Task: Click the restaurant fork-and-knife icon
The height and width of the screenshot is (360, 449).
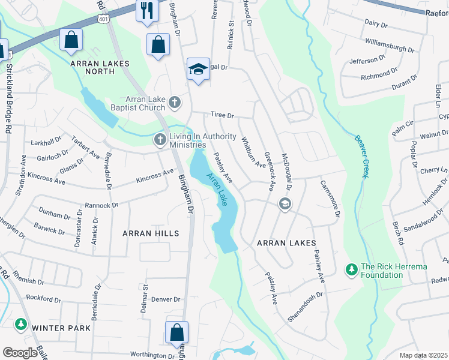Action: [145, 10]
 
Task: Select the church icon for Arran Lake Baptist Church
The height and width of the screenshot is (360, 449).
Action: [175, 103]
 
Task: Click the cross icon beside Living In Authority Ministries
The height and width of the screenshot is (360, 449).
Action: [160, 140]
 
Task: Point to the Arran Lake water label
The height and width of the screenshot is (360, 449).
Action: [217, 190]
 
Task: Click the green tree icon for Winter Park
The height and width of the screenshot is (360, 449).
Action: [21, 324]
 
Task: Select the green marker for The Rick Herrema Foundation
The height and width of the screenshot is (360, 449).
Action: [351, 271]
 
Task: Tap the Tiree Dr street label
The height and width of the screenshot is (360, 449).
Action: [221, 115]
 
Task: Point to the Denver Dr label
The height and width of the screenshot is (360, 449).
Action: [166, 299]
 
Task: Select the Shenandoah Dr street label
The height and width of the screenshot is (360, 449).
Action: [305, 307]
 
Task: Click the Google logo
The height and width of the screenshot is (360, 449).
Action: [20, 353]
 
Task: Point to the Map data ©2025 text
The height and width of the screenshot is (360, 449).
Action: [423, 355]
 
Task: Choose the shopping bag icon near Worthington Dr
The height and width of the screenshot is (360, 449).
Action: [177, 332]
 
